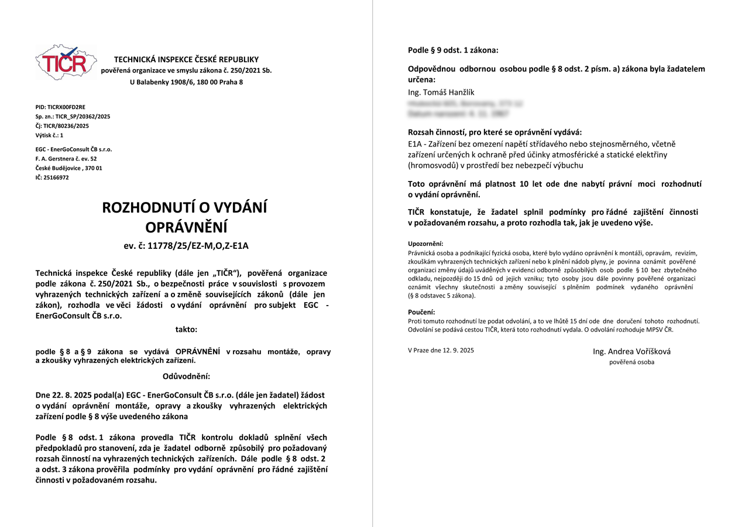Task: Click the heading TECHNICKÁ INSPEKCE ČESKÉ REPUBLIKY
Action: click(x=186, y=59)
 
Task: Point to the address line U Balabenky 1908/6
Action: click(x=186, y=82)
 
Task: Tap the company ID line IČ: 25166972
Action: click(x=52, y=177)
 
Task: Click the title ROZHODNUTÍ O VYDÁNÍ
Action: click(x=185, y=207)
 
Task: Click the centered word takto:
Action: click(x=186, y=330)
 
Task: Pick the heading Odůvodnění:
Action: click(x=186, y=376)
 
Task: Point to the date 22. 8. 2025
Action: click(x=69, y=395)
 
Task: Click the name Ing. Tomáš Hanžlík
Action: click(x=441, y=93)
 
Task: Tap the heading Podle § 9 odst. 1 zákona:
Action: click(x=453, y=50)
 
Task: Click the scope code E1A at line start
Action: click(x=416, y=143)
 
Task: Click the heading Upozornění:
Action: click(x=425, y=244)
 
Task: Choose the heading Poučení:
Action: click(x=421, y=312)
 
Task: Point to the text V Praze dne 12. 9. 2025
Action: click(x=441, y=350)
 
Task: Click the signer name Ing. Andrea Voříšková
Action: click(x=631, y=351)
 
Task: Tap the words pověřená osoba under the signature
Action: click(x=631, y=362)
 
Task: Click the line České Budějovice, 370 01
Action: click(x=68, y=168)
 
